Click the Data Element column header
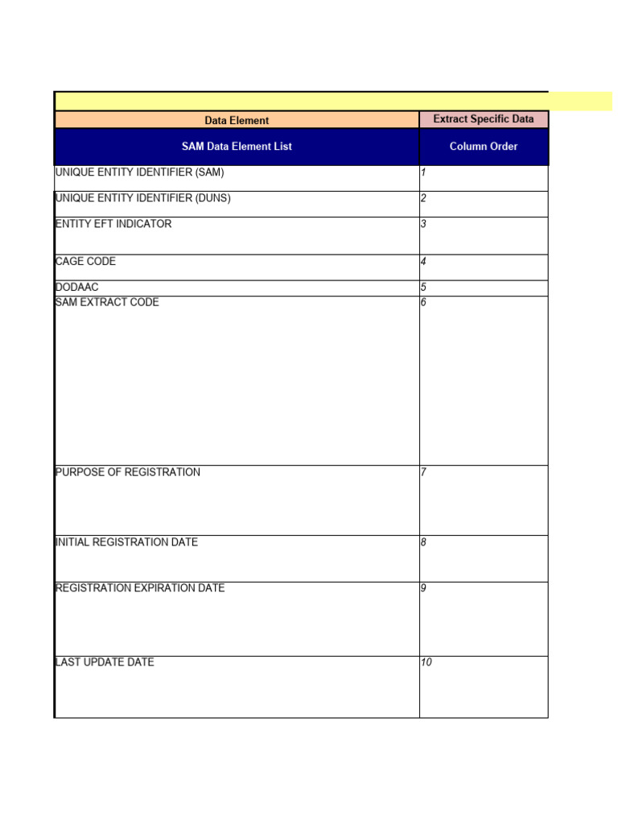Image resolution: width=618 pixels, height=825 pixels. pyautogui.click(x=237, y=121)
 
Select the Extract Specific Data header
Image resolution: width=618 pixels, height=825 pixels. pyautogui.click(x=483, y=119)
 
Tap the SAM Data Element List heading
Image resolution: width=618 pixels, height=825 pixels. pyautogui.click(x=237, y=147)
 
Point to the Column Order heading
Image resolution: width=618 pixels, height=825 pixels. pyautogui.click(x=483, y=147)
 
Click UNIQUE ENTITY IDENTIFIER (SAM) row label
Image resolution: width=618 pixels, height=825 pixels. pyautogui.click(x=139, y=172)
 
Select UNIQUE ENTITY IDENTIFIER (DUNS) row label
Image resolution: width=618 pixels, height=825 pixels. pyautogui.click(x=142, y=198)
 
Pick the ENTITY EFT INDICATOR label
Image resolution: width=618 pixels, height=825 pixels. pyautogui.click(x=113, y=224)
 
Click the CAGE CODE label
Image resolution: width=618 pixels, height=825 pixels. pyautogui.click(x=85, y=262)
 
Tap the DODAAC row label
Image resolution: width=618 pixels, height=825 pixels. pyautogui.click(x=76, y=288)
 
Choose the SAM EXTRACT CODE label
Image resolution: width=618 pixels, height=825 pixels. pyautogui.click(x=107, y=303)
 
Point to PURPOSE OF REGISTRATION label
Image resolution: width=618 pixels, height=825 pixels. pyautogui.click(x=128, y=472)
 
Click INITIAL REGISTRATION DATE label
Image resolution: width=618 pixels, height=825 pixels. pyautogui.click(x=126, y=542)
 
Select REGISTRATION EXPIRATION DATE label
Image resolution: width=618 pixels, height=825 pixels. pyautogui.click(x=140, y=588)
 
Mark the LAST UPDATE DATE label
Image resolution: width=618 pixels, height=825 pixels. pyautogui.click(x=105, y=662)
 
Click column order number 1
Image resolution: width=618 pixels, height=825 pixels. pyautogui.click(x=423, y=172)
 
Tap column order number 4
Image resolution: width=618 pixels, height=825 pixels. pyautogui.click(x=423, y=262)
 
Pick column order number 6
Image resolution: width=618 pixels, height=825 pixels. pyautogui.click(x=423, y=303)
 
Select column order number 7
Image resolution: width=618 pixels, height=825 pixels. pyautogui.click(x=423, y=472)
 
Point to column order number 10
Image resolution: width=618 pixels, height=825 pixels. pyautogui.click(x=426, y=662)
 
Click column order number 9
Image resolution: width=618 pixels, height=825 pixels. pyautogui.click(x=423, y=588)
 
